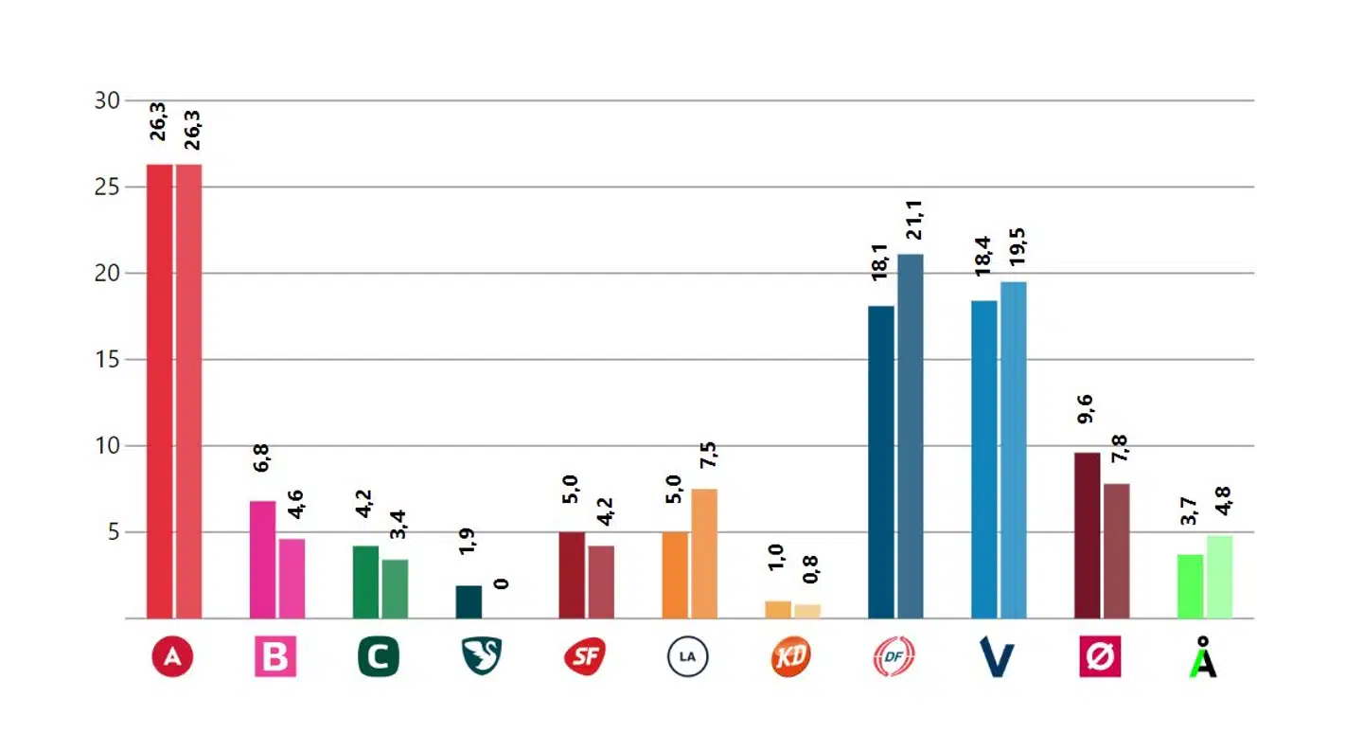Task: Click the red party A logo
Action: pyautogui.click(x=172, y=657)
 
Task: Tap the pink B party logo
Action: pyautogui.click(x=275, y=657)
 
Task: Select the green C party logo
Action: pyautogui.click(x=379, y=657)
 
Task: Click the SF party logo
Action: pyautogui.click(x=585, y=657)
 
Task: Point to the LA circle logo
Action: pyautogui.click(x=688, y=657)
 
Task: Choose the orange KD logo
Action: pyautogui.click(x=791, y=657)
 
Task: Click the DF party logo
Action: pyautogui.click(x=894, y=657)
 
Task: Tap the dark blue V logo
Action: pyautogui.click(x=997, y=658)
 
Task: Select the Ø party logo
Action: pyautogui.click(x=1100, y=657)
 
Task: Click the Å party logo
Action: pyautogui.click(x=1203, y=656)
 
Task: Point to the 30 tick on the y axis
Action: pyautogui.click(x=108, y=100)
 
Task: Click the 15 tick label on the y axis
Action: pyautogui.click(x=108, y=360)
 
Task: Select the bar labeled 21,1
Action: pyautogui.click(x=911, y=436)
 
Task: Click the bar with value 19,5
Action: pyautogui.click(x=1014, y=450)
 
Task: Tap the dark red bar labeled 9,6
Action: pyautogui.click(x=1088, y=535)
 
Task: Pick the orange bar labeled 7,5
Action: pyautogui.click(x=704, y=553)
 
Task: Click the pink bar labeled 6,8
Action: pyautogui.click(x=263, y=559)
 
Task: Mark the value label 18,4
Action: pyautogui.click(x=984, y=258)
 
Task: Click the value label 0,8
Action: pyautogui.click(x=810, y=567)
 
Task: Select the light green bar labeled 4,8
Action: pyautogui.click(x=1219, y=577)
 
